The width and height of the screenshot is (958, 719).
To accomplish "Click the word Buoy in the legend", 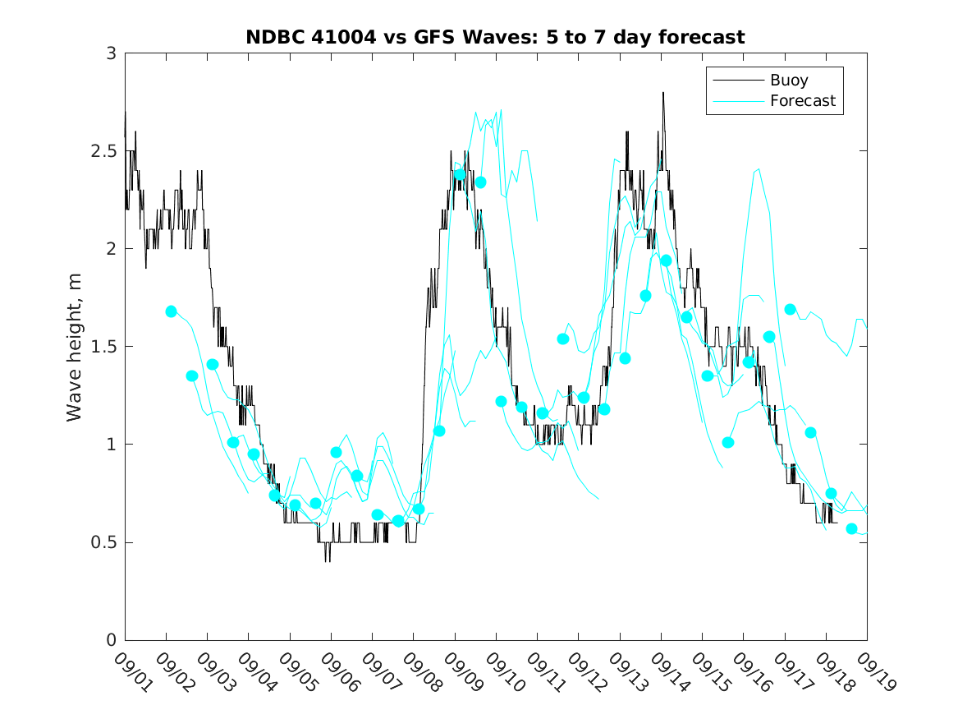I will click(x=788, y=81).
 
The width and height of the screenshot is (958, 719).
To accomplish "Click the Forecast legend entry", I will click(x=802, y=101).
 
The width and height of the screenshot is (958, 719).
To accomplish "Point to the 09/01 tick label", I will click(x=131, y=673).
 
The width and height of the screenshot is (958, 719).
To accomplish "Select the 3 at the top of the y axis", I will click(x=111, y=53).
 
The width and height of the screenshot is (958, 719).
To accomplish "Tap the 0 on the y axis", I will click(x=111, y=640).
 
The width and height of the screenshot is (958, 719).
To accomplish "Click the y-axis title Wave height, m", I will click(x=75, y=346).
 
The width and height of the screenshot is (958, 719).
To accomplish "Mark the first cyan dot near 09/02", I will click(x=171, y=311).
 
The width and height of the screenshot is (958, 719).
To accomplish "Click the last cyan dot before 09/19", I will click(x=851, y=528).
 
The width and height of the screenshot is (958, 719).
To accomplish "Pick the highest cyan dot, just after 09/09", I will click(x=460, y=174).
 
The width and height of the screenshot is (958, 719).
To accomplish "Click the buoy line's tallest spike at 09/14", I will click(x=662, y=93).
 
